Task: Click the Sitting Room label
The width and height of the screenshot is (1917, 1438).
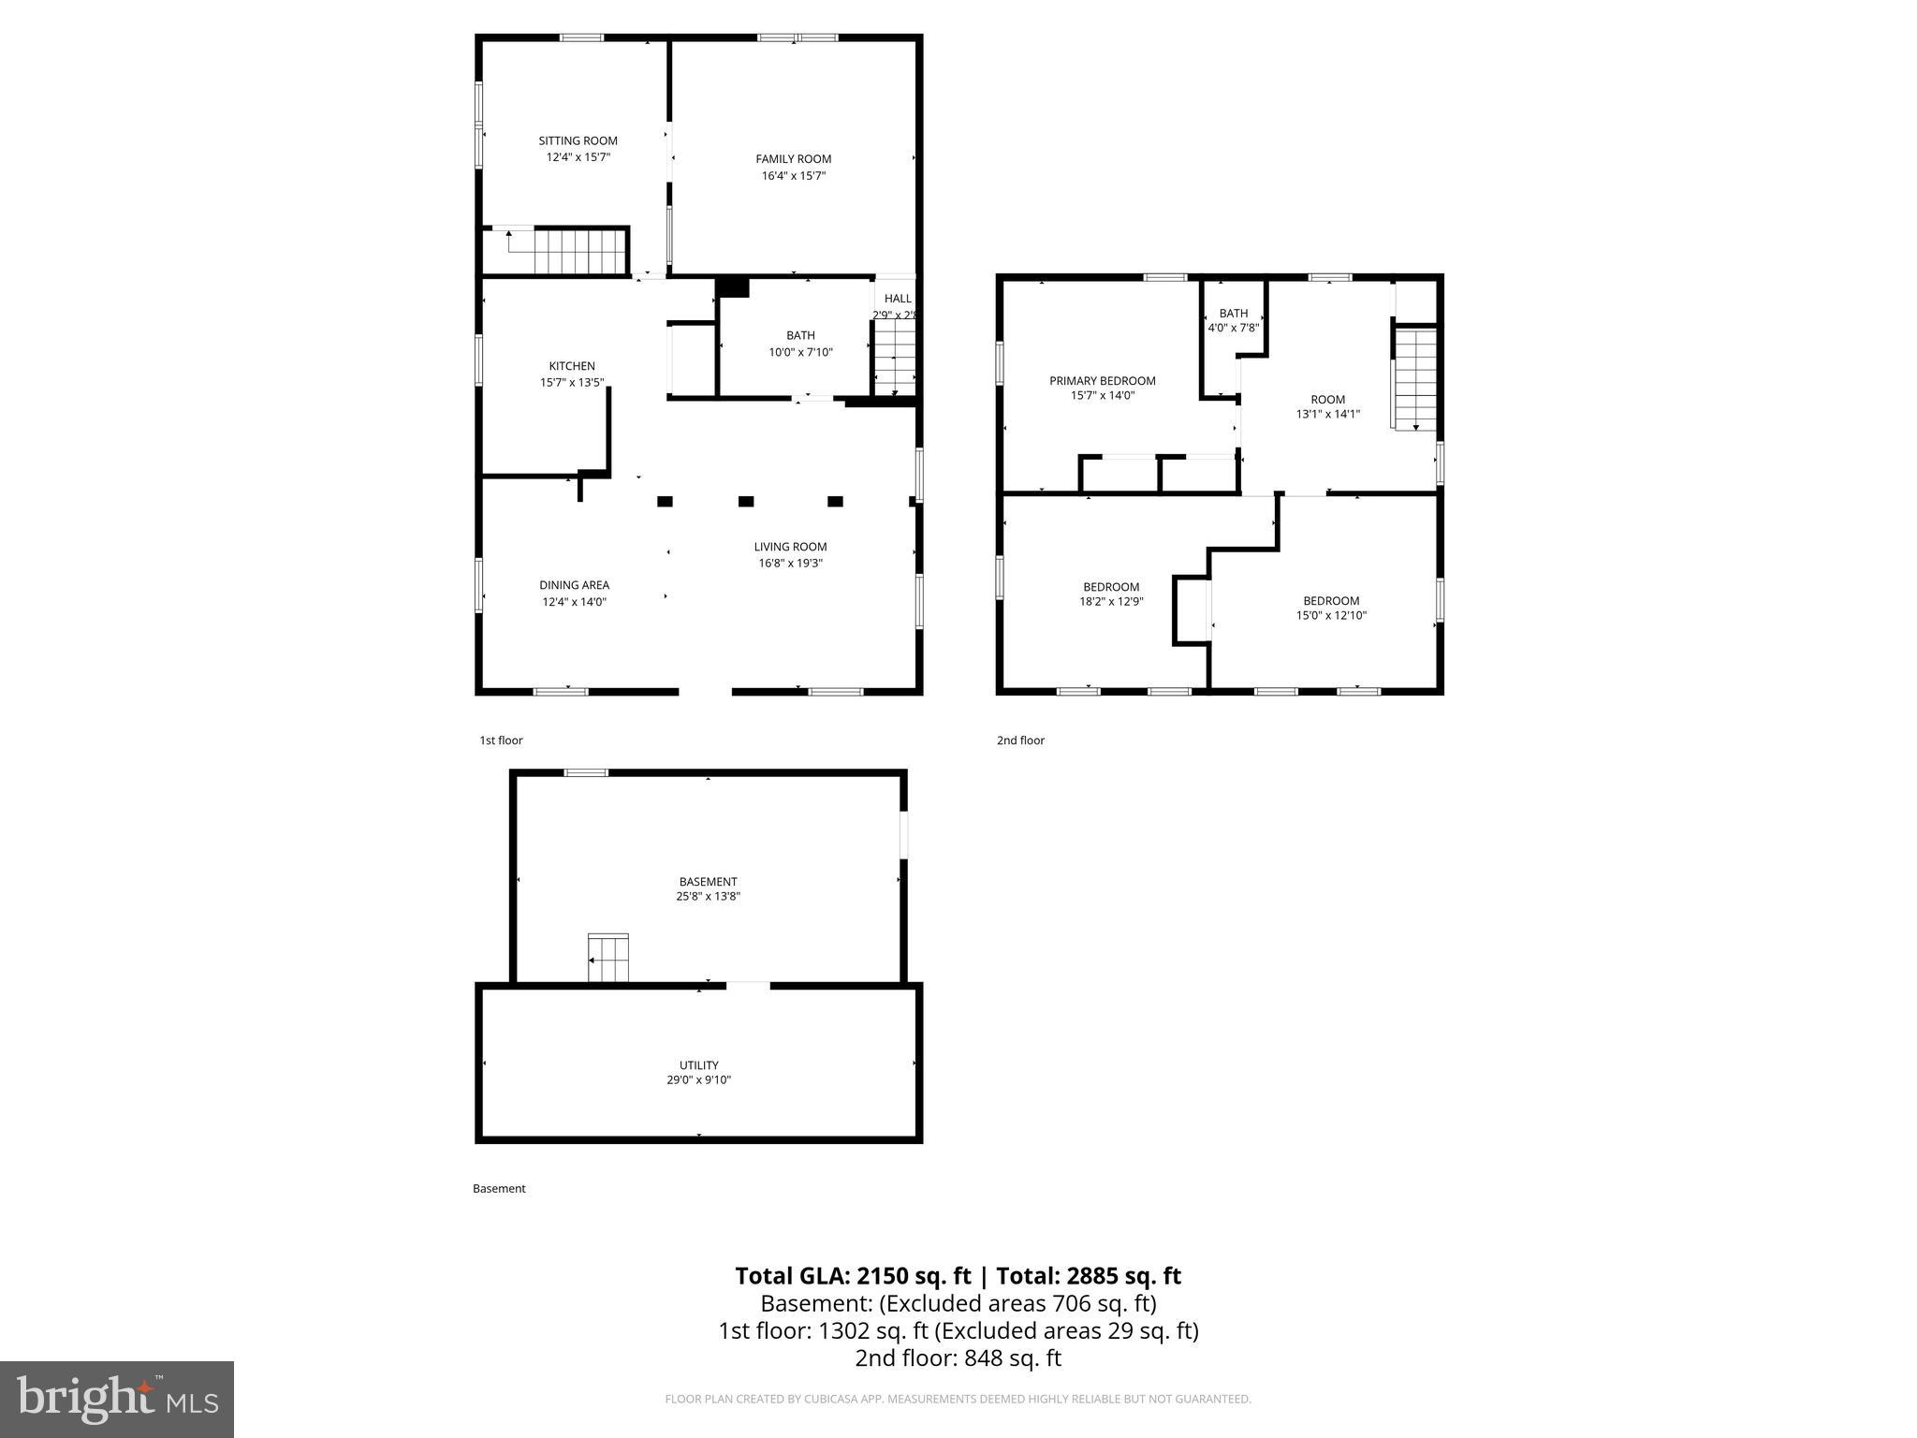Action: pyautogui.click(x=578, y=141)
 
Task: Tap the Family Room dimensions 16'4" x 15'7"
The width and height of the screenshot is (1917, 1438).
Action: pyautogui.click(x=793, y=176)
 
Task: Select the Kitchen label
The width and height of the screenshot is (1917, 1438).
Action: pyautogui.click(x=572, y=366)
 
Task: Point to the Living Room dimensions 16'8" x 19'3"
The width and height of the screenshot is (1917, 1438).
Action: pyautogui.click(x=790, y=564)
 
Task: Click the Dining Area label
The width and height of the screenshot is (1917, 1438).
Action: pyautogui.click(x=574, y=585)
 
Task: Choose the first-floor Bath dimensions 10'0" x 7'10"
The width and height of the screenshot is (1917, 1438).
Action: pyautogui.click(x=800, y=353)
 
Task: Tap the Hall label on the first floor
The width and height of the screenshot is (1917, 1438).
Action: pyautogui.click(x=897, y=299)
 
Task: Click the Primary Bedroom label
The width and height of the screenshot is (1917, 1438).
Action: pyautogui.click(x=1102, y=381)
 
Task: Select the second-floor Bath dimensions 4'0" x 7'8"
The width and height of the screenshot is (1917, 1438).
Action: pyautogui.click(x=1233, y=329)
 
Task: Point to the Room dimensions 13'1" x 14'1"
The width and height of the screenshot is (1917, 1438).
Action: pyautogui.click(x=1327, y=414)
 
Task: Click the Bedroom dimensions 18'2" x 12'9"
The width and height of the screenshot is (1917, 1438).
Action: pyautogui.click(x=1111, y=602)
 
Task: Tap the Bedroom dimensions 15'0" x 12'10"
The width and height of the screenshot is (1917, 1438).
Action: pyautogui.click(x=1331, y=616)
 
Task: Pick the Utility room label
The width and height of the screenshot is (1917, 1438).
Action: pyautogui.click(x=698, y=1065)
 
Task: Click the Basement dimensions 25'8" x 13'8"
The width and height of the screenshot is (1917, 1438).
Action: pyautogui.click(x=708, y=897)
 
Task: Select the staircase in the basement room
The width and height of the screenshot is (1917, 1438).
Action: pyautogui.click(x=607, y=958)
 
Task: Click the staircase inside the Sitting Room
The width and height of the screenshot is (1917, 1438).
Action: pyautogui.click(x=567, y=251)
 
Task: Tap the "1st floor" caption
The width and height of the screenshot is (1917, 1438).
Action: pyautogui.click(x=501, y=741)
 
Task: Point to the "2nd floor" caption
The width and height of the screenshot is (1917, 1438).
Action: pyautogui.click(x=1020, y=741)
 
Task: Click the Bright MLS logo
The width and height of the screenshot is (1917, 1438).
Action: pyautogui.click(x=117, y=1399)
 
